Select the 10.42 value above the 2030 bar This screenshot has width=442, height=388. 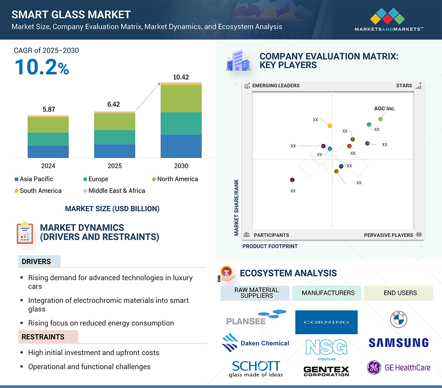181,77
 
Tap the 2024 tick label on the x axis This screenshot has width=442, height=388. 48,166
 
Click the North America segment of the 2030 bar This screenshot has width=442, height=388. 181,99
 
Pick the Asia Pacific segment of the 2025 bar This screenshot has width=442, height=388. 114,151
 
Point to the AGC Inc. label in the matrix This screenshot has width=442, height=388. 384,109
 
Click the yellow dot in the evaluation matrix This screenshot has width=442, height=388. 330,126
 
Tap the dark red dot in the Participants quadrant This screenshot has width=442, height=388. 292,180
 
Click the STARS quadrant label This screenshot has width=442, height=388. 404,85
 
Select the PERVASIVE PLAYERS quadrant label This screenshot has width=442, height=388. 388,235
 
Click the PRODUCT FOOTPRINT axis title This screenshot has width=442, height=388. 270,246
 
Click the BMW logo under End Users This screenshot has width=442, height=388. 399,320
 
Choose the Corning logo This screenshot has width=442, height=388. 326,322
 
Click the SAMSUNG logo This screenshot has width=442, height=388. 398,343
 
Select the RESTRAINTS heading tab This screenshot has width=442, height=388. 43,337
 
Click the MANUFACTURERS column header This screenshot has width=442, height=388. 328,293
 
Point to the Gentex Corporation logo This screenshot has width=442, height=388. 326,371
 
